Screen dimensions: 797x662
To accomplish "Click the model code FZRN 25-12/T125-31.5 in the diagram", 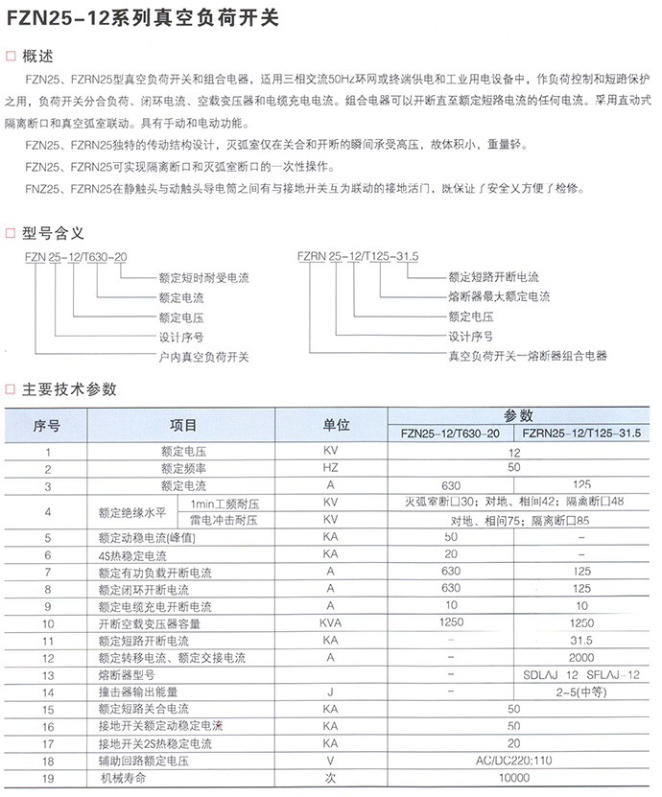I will (366, 257).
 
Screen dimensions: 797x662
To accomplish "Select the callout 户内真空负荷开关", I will (203, 356).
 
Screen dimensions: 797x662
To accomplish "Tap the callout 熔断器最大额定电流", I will (499, 296).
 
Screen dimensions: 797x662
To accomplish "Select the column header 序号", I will (46, 424).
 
